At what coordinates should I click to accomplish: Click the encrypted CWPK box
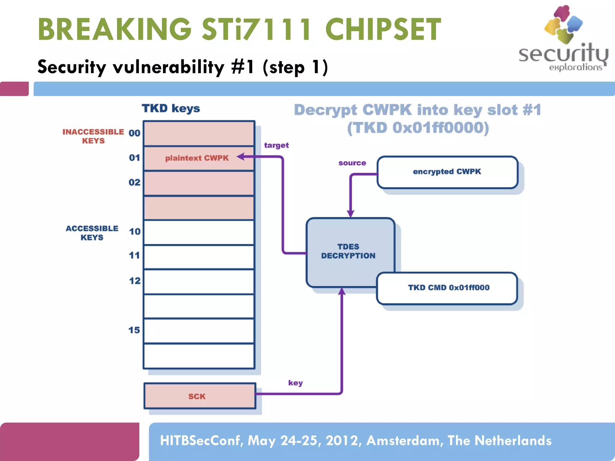pos(447,172)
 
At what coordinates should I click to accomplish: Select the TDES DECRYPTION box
pos(348,251)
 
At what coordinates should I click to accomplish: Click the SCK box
pos(197,396)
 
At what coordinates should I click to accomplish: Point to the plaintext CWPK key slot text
pos(197,158)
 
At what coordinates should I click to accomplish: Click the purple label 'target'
pos(276,145)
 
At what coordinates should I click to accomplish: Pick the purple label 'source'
pos(352,163)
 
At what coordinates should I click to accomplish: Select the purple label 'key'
pos(295,383)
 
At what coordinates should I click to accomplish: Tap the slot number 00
pos(134,133)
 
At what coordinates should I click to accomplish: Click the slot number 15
pos(134,330)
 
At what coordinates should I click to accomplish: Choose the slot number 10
pos(135,231)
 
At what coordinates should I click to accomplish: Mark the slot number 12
pos(135,281)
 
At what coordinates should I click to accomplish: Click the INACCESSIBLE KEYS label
pos(93,136)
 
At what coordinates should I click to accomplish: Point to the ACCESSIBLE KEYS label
pos(92,233)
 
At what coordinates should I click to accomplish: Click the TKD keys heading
pos(171,108)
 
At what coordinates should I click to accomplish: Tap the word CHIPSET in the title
pos(383,29)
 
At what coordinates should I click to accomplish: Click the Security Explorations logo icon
pos(563,24)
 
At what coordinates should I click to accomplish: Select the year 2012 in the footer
pos(341,441)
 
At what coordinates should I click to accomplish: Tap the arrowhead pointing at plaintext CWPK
pos(240,156)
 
